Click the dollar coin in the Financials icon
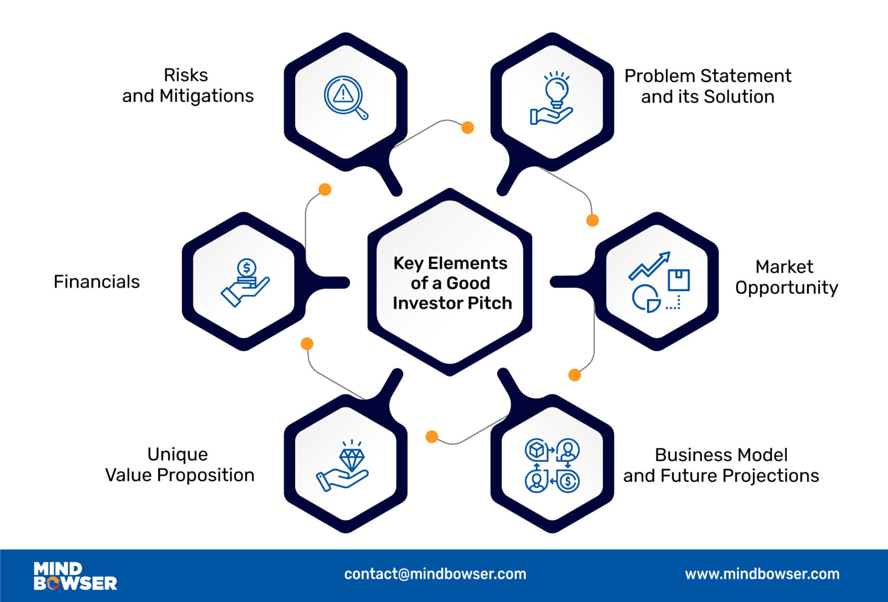pyautogui.click(x=247, y=267)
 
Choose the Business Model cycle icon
pyautogui.click(x=552, y=465)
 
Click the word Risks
pyautogui.click(x=186, y=75)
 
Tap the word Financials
pyautogui.click(x=97, y=282)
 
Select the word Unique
pyautogui.click(x=178, y=454)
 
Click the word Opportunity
pyautogui.click(x=786, y=288)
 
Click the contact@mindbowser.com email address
pyautogui.click(x=435, y=574)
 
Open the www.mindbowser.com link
pyautogui.click(x=762, y=574)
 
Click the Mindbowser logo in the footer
pyautogui.click(x=75, y=576)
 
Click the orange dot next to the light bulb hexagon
pyautogui.click(x=468, y=128)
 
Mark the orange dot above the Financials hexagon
pyautogui.click(x=325, y=189)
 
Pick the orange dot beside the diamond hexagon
pyautogui.click(x=432, y=436)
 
